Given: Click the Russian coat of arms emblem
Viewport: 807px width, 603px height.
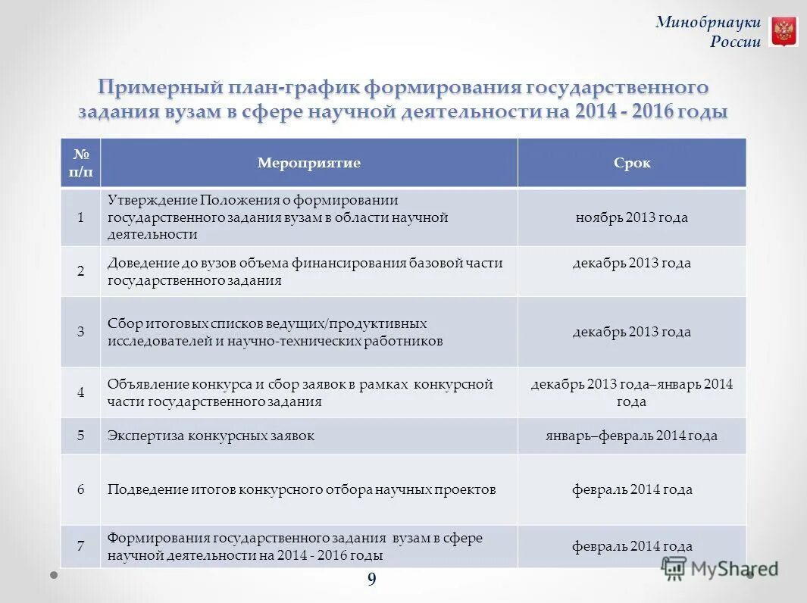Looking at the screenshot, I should [784, 32].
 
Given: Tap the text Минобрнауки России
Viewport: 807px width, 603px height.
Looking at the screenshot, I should [708, 32].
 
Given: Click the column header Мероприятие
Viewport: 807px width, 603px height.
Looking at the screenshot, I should [309, 163].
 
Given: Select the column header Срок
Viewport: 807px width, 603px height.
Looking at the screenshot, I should [632, 163].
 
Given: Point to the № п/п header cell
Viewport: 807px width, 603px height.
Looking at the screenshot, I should [81, 163].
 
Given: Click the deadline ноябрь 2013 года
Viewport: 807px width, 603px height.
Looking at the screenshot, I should [631, 217].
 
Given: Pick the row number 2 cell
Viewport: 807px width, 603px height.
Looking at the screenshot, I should [81, 270].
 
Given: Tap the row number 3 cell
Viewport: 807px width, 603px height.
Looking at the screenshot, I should [81, 332].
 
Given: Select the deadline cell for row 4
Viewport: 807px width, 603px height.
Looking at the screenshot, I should [631, 392].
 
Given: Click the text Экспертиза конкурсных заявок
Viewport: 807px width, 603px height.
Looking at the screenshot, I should [211, 436].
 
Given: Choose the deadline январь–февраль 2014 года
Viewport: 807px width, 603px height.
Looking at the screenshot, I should [631, 436].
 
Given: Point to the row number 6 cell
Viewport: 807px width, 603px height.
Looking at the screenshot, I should [81, 489].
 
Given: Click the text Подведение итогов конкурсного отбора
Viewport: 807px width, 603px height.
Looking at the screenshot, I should [302, 489].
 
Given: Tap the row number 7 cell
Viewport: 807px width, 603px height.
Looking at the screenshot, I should [81, 546].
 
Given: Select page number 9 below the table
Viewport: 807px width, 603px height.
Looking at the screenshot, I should [371, 580].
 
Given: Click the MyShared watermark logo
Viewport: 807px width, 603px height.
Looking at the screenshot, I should [719, 569].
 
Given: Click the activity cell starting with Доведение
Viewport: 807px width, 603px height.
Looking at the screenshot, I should [305, 270].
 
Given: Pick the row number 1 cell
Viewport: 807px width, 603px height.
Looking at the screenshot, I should [81, 217].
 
